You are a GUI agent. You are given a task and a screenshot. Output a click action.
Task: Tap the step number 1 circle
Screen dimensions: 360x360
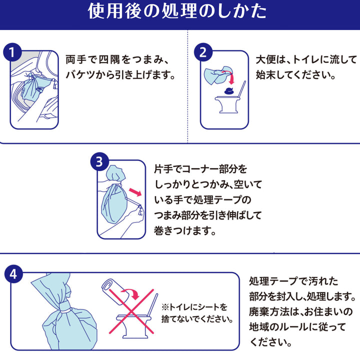[12, 52]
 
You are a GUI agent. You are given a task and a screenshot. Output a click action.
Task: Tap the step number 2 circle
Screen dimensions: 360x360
[203, 52]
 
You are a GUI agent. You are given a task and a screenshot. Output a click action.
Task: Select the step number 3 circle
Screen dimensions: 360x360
[98, 161]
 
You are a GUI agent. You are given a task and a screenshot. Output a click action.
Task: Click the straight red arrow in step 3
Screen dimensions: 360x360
[134, 192]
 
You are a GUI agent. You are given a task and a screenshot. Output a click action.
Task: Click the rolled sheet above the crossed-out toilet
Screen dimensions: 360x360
[111, 288]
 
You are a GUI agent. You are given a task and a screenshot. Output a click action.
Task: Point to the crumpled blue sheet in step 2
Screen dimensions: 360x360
[218, 73]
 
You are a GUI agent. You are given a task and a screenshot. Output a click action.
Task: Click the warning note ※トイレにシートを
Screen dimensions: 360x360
[194, 307]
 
